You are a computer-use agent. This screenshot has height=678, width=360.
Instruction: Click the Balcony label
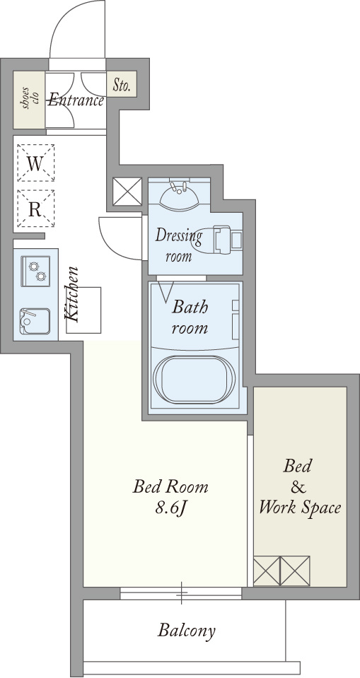pos(186,631)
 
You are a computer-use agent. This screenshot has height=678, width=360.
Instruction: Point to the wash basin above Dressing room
pos(179,195)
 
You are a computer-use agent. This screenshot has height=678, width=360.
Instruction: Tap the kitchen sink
pos(35,321)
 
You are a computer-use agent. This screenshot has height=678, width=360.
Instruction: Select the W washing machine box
pos(35,163)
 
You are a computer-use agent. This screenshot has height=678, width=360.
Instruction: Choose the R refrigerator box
pos(35,209)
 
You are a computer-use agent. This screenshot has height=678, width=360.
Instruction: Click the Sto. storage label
pos(122,85)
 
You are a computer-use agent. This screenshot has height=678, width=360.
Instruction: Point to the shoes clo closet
pos(29,100)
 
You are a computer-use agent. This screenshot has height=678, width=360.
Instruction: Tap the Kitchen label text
pos(72,294)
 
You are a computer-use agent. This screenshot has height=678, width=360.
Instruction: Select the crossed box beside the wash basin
pos(127,192)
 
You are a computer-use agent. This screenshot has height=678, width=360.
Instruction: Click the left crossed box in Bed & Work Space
pos(267,571)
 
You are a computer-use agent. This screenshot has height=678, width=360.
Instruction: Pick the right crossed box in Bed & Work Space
pos(296,571)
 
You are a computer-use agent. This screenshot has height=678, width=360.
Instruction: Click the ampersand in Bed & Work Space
pos(298,487)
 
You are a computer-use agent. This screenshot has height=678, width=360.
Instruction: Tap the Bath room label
pos(190,317)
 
